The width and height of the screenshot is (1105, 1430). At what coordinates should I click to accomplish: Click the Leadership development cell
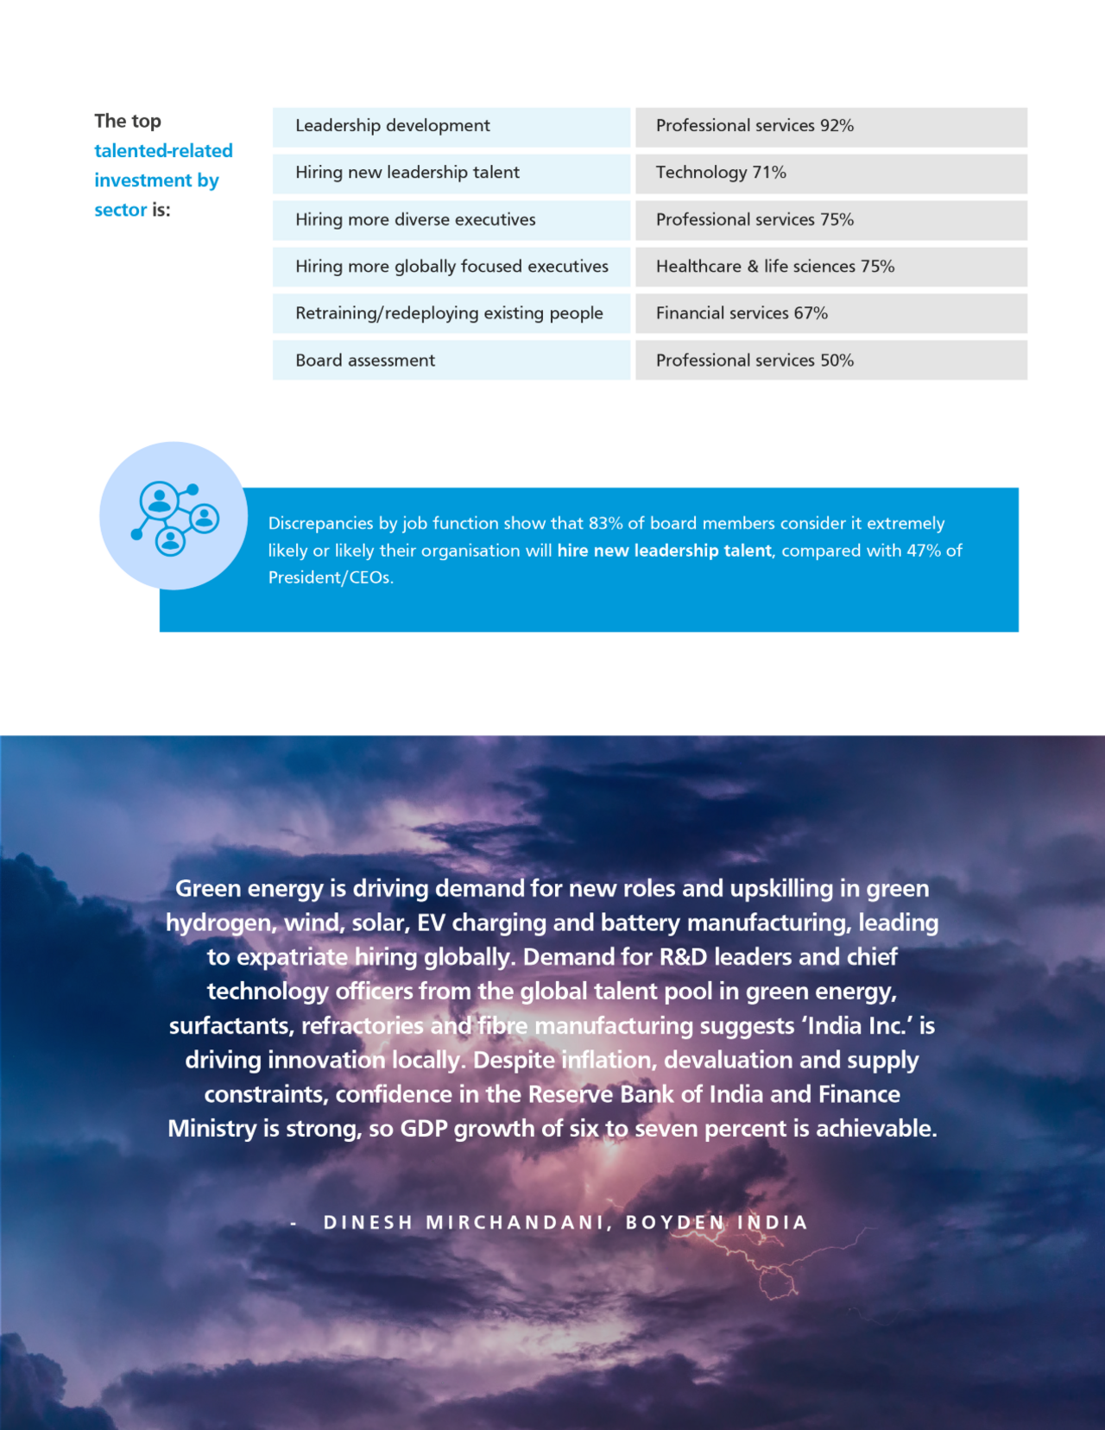click(x=451, y=126)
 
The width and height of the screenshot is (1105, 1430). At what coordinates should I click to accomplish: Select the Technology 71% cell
click(x=830, y=173)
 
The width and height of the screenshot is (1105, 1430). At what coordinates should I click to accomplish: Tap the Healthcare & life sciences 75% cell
click(x=830, y=267)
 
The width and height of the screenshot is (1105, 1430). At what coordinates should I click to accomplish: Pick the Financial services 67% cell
click(x=830, y=313)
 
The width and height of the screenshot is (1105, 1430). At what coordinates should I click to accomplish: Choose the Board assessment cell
click(x=451, y=361)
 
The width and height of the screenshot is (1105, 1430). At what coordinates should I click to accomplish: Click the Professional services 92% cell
click(x=830, y=126)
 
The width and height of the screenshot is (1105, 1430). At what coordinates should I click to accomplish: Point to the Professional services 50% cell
click(x=830, y=361)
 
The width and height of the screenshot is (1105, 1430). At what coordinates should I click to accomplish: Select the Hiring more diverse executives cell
click(x=451, y=220)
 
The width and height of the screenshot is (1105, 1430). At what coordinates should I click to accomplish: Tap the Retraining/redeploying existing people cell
click(x=451, y=313)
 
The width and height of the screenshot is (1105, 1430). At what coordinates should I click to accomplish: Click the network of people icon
click(x=174, y=517)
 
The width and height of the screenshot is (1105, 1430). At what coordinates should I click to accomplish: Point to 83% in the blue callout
click(x=605, y=524)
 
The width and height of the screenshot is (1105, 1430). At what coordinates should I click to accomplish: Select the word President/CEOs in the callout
click(x=330, y=577)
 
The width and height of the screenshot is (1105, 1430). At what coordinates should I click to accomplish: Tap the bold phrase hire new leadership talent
click(x=664, y=551)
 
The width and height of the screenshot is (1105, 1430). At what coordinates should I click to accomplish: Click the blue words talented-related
click(x=163, y=151)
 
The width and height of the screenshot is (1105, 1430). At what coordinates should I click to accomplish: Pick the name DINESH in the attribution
click(x=369, y=1223)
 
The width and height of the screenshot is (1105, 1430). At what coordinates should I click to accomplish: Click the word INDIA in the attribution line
click(x=773, y=1223)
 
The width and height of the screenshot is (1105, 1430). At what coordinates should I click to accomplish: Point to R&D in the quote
click(x=683, y=957)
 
